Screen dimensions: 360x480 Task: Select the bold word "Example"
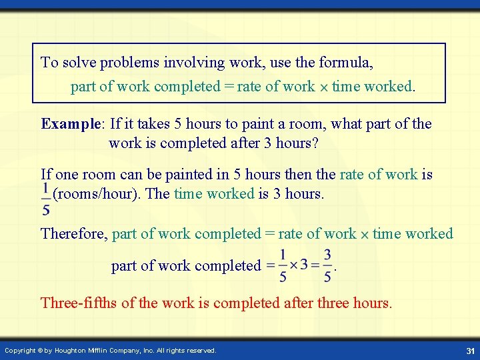click(x=69, y=124)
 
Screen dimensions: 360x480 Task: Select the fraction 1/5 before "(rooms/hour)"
click(x=45, y=199)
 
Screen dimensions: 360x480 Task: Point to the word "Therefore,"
click(x=74, y=234)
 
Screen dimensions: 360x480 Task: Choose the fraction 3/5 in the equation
click(x=327, y=265)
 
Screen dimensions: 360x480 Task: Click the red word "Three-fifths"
click(x=79, y=303)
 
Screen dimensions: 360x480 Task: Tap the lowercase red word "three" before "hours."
click(x=336, y=303)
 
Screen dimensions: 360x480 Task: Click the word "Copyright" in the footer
click(x=21, y=351)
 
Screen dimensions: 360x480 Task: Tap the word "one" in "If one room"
click(x=66, y=175)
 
